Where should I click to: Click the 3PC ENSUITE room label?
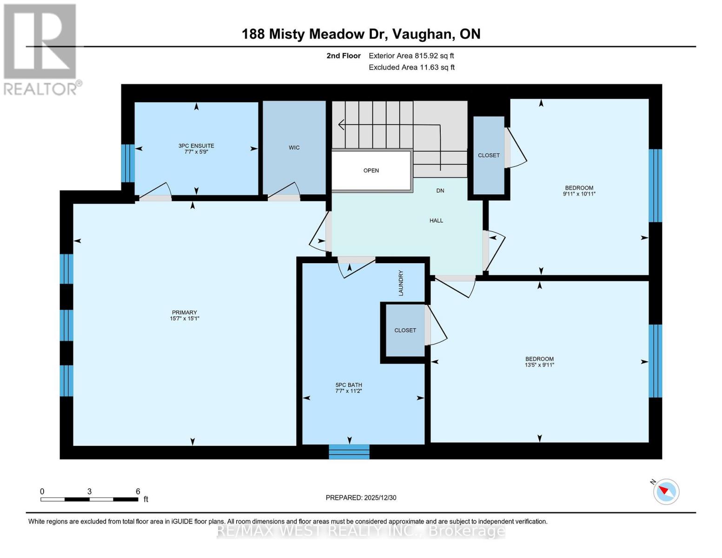tap(196, 146)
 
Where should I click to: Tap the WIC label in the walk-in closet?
tap(294, 147)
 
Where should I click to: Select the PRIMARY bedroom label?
tap(185, 312)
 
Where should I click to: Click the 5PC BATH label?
tap(349, 385)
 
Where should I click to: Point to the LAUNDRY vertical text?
tap(401, 283)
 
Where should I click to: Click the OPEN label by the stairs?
tap(371, 170)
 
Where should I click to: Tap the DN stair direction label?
tap(440, 191)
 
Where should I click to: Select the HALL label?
tap(436, 220)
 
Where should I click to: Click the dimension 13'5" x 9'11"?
tap(539, 365)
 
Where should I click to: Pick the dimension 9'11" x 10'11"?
tap(579, 194)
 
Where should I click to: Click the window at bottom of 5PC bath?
tap(349, 452)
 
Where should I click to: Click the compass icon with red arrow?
tap(666, 492)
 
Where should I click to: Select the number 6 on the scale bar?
tap(138, 492)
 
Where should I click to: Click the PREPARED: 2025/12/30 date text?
tap(361, 498)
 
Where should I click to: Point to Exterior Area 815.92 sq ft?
tap(411, 56)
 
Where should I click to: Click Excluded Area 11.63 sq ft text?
tap(411, 67)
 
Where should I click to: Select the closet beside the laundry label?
tap(405, 330)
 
